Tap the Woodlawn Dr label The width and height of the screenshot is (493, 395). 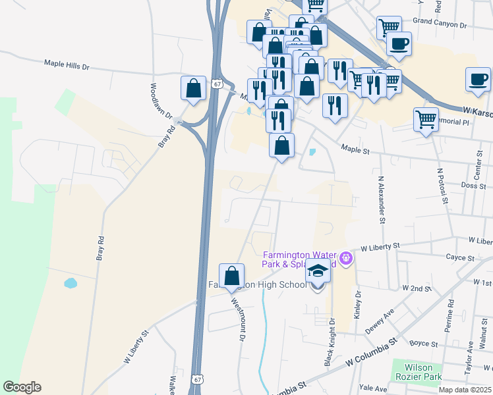161,100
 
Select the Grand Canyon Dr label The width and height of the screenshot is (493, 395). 440,23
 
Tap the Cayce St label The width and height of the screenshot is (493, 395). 461,258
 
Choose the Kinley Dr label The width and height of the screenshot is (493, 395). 359,303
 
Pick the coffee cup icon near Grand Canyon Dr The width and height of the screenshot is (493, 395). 399,44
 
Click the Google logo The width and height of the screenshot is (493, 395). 22,387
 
